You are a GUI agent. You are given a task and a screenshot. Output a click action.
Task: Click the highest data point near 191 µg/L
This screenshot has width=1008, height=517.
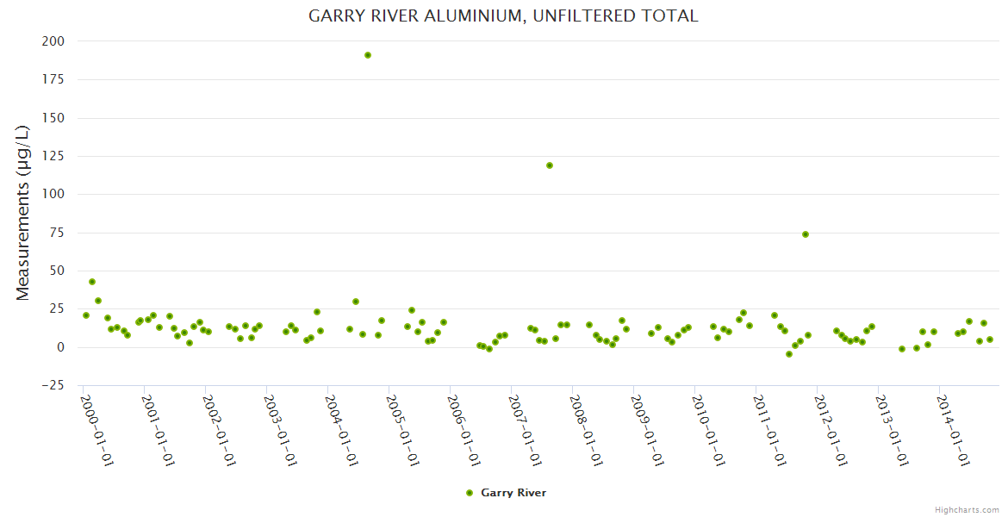368,55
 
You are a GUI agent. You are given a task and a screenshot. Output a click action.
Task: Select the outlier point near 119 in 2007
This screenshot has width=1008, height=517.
550,165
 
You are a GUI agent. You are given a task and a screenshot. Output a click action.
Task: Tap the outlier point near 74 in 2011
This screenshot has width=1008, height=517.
806,234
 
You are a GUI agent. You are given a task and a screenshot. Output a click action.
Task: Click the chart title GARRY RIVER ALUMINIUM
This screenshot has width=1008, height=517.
503,16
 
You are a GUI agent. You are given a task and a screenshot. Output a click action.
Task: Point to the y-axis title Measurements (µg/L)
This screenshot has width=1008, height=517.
22,213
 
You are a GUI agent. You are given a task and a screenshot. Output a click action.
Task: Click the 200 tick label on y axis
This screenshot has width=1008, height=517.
53,41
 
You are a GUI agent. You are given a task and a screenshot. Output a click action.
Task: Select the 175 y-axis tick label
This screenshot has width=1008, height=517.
53,79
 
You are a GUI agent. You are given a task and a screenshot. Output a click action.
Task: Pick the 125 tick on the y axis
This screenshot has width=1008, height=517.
53,156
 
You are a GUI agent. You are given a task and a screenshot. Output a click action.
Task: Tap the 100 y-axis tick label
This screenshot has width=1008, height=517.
53,194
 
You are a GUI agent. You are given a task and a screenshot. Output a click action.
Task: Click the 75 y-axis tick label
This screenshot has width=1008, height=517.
56,233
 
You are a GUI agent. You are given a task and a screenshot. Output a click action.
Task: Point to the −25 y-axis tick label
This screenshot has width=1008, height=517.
53,385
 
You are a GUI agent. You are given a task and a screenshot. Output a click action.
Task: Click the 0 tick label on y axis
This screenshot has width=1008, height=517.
59,347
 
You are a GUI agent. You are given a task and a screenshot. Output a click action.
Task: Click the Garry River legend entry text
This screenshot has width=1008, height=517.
513,493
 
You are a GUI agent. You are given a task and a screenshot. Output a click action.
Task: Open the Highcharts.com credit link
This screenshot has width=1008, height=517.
967,509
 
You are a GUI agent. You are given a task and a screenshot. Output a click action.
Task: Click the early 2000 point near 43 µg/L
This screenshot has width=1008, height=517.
92,282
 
